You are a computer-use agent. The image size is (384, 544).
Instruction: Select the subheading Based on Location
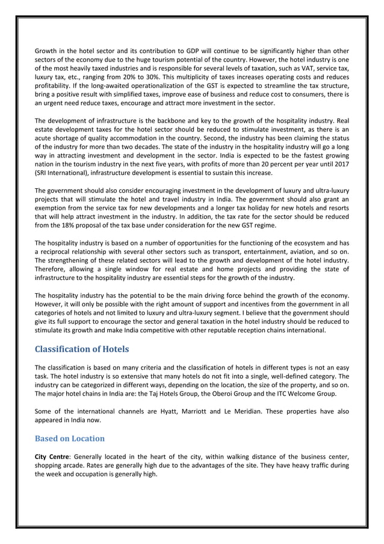[70, 438]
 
